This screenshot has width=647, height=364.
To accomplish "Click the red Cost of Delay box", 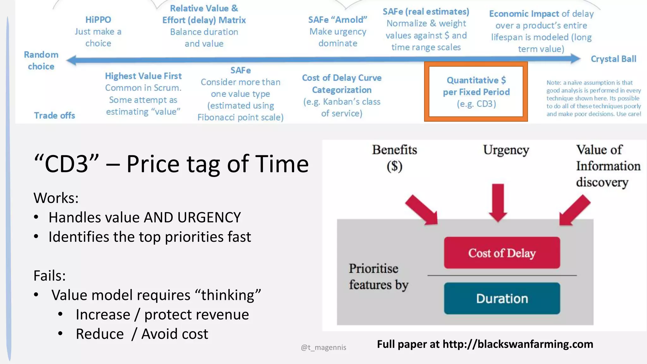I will pyautogui.click(x=502, y=253).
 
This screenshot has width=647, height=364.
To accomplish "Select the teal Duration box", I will pyautogui.click(x=502, y=298).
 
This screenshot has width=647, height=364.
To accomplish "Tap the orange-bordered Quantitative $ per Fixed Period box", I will pyautogui.click(x=476, y=92).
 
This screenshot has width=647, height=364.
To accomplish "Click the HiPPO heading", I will pyautogui.click(x=98, y=20).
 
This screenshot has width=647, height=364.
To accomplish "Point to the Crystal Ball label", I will pyautogui.click(x=613, y=59).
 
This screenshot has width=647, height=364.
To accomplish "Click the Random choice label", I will pyautogui.click(x=41, y=60).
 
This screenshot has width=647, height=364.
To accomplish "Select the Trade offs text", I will pyautogui.click(x=54, y=115).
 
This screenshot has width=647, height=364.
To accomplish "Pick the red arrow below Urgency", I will pyautogui.click(x=498, y=202).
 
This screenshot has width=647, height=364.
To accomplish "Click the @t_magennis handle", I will pyautogui.click(x=323, y=347).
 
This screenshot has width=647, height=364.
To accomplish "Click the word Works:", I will pyautogui.click(x=56, y=198).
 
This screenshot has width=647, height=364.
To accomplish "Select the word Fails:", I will pyautogui.click(x=50, y=276).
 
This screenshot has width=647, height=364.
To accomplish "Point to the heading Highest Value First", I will pyautogui.click(x=143, y=76).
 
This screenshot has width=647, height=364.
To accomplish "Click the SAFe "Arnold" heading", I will pyautogui.click(x=337, y=20).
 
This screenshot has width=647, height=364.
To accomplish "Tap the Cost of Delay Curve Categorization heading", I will pyautogui.click(x=342, y=84).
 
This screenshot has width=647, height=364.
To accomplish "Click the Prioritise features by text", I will pyautogui.click(x=378, y=276).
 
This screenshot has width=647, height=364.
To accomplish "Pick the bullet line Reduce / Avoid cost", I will pyautogui.click(x=142, y=334).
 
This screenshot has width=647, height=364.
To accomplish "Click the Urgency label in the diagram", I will pyautogui.click(x=506, y=150).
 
